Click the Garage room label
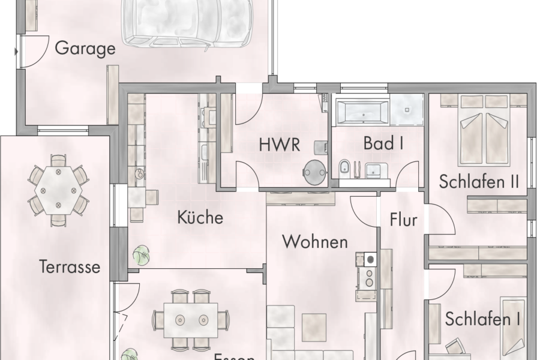(85, 49)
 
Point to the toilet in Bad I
(345, 170)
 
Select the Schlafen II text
(478, 181)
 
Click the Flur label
(403, 220)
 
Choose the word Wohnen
(315, 242)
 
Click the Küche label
(200, 217)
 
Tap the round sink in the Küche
(139, 174)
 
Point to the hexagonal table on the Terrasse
(58, 189)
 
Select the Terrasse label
(70, 266)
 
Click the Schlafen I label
(482, 319)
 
